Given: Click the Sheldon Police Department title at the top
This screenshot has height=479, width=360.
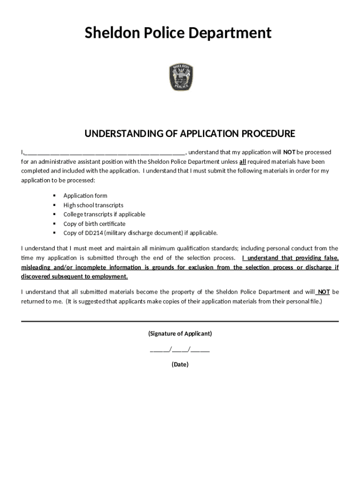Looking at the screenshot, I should (178, 33).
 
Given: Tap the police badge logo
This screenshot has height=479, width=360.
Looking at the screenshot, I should (180, 78).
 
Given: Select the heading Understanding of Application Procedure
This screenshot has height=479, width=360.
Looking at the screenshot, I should (189, 134).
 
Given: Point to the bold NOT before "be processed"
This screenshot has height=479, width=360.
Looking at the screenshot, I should (289, 152).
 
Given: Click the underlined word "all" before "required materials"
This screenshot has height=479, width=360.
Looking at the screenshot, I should (243, 162).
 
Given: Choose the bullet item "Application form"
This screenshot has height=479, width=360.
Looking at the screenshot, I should (85, 196).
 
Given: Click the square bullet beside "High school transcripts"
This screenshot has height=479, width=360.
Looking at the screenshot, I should (54, 205).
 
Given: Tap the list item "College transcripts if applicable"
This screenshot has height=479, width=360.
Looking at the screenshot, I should (104, 214).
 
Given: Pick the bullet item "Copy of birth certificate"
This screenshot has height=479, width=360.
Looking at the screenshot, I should (94, 224).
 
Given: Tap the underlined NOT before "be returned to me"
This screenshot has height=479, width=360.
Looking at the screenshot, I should (324, 292).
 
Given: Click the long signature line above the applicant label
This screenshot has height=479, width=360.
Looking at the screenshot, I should (180, 321).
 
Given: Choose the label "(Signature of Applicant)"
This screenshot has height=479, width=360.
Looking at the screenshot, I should (180, 334).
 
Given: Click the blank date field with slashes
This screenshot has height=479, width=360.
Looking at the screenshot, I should (180, 349).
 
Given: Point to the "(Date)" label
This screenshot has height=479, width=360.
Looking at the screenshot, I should (180, 364).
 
